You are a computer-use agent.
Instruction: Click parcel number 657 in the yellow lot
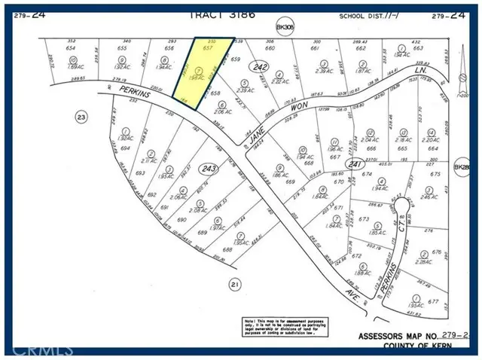[209, 47]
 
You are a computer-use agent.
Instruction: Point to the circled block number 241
[352, 163]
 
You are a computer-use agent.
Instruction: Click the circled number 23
[80, 116]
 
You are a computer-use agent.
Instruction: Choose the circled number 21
[234, 284]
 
